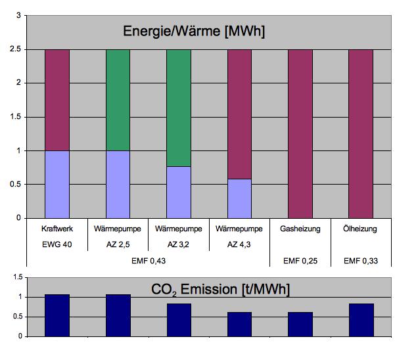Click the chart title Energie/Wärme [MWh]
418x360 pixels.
[193, 31]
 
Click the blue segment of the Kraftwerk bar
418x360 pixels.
[57, 184]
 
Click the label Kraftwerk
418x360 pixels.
[57, 229]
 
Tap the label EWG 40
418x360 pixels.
[57, 244]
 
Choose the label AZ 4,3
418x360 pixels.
[239, 244]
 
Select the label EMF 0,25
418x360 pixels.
[300, 261]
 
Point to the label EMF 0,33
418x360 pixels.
[361, 261]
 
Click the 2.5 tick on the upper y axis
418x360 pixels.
[15, 49]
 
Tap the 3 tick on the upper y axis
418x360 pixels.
[18, 15]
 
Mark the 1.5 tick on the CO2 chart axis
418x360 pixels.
[15, 277]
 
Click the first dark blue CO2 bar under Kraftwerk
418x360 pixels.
[57, 315]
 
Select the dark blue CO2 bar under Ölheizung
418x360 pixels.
[361, 320]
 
